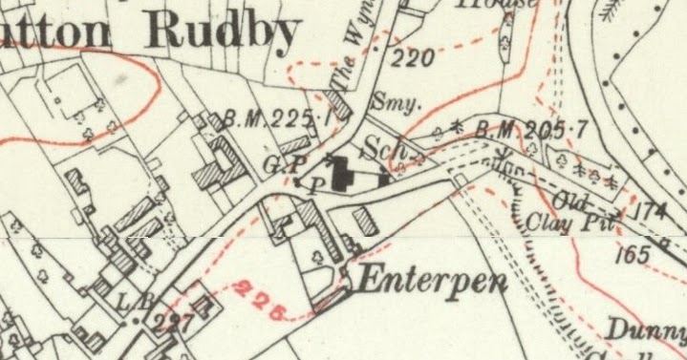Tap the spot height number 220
pos(413,59)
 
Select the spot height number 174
pos(651,212)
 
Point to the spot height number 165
pos(633,255)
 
